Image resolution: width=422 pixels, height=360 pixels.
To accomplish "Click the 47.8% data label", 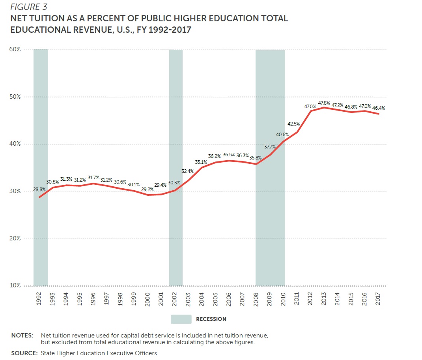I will tap(324, 103).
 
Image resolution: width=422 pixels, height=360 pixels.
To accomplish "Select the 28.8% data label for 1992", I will tap(39, 189).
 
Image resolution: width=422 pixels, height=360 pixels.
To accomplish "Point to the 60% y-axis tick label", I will tap(15, 50).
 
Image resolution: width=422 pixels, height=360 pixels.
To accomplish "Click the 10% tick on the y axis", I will tap(15, 285).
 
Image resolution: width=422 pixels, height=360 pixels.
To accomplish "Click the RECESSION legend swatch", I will tap(181, 319).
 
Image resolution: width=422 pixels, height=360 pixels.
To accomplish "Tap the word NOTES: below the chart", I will tap(22, 336).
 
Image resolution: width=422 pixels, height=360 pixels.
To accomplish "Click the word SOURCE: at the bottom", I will tap(24, 353).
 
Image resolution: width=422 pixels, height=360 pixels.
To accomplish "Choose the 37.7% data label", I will tap(270, 147).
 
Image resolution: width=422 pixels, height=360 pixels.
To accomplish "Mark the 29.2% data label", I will tap(148, 189).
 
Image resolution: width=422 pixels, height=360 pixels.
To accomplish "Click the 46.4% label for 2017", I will tap(378, 107).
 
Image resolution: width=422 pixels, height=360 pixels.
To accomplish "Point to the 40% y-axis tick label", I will tap(15, 144).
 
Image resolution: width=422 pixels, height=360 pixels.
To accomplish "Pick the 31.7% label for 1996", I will tap(93, 178).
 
